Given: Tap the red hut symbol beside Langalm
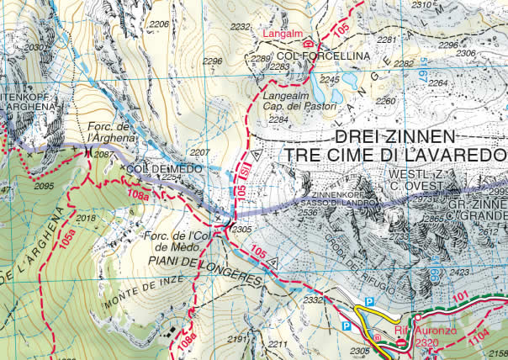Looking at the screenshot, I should [308, 42].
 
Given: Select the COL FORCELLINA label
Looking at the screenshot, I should [310, 56].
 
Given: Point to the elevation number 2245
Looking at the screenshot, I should [330, 80].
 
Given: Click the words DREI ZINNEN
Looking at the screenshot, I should [394, 137].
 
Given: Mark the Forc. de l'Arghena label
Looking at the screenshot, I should [110, 132].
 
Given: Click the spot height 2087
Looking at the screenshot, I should [103, 155].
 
